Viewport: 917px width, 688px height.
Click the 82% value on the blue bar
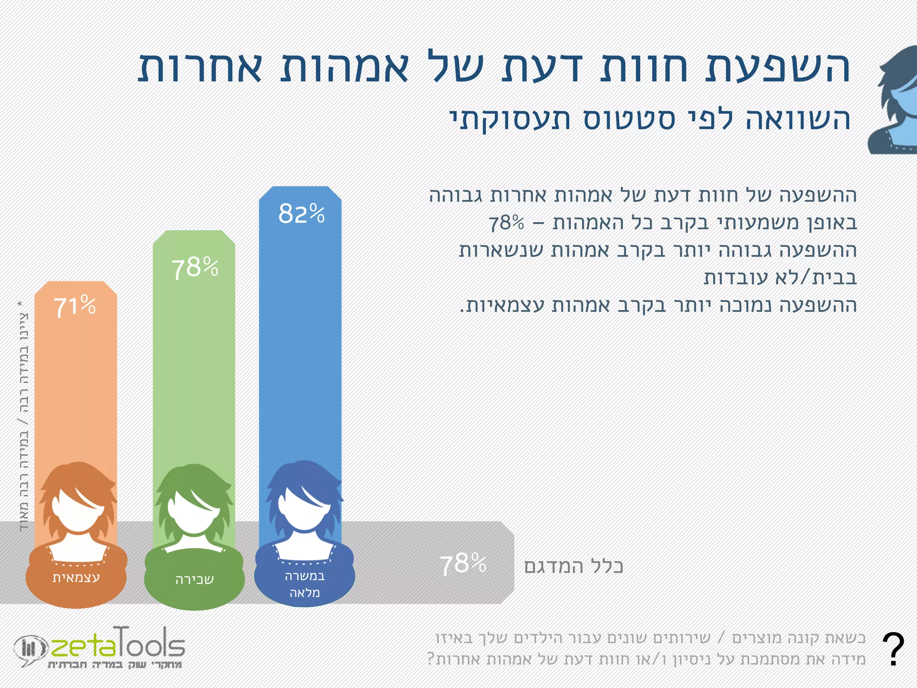pos(301,214)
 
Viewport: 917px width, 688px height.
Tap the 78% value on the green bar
pos(195,267)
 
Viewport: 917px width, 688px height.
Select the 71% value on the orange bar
pos(75,307)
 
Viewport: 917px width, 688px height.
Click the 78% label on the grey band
pos(463,564)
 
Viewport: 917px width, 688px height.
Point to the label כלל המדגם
pos(574,566)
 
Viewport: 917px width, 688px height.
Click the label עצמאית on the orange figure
pos(76,577)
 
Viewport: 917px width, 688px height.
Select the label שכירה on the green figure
pos(194,580)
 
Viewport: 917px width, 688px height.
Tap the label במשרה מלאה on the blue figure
pos(304,584)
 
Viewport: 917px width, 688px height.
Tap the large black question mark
pos(893,649)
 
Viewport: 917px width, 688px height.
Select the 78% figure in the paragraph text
pos(506,223)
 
